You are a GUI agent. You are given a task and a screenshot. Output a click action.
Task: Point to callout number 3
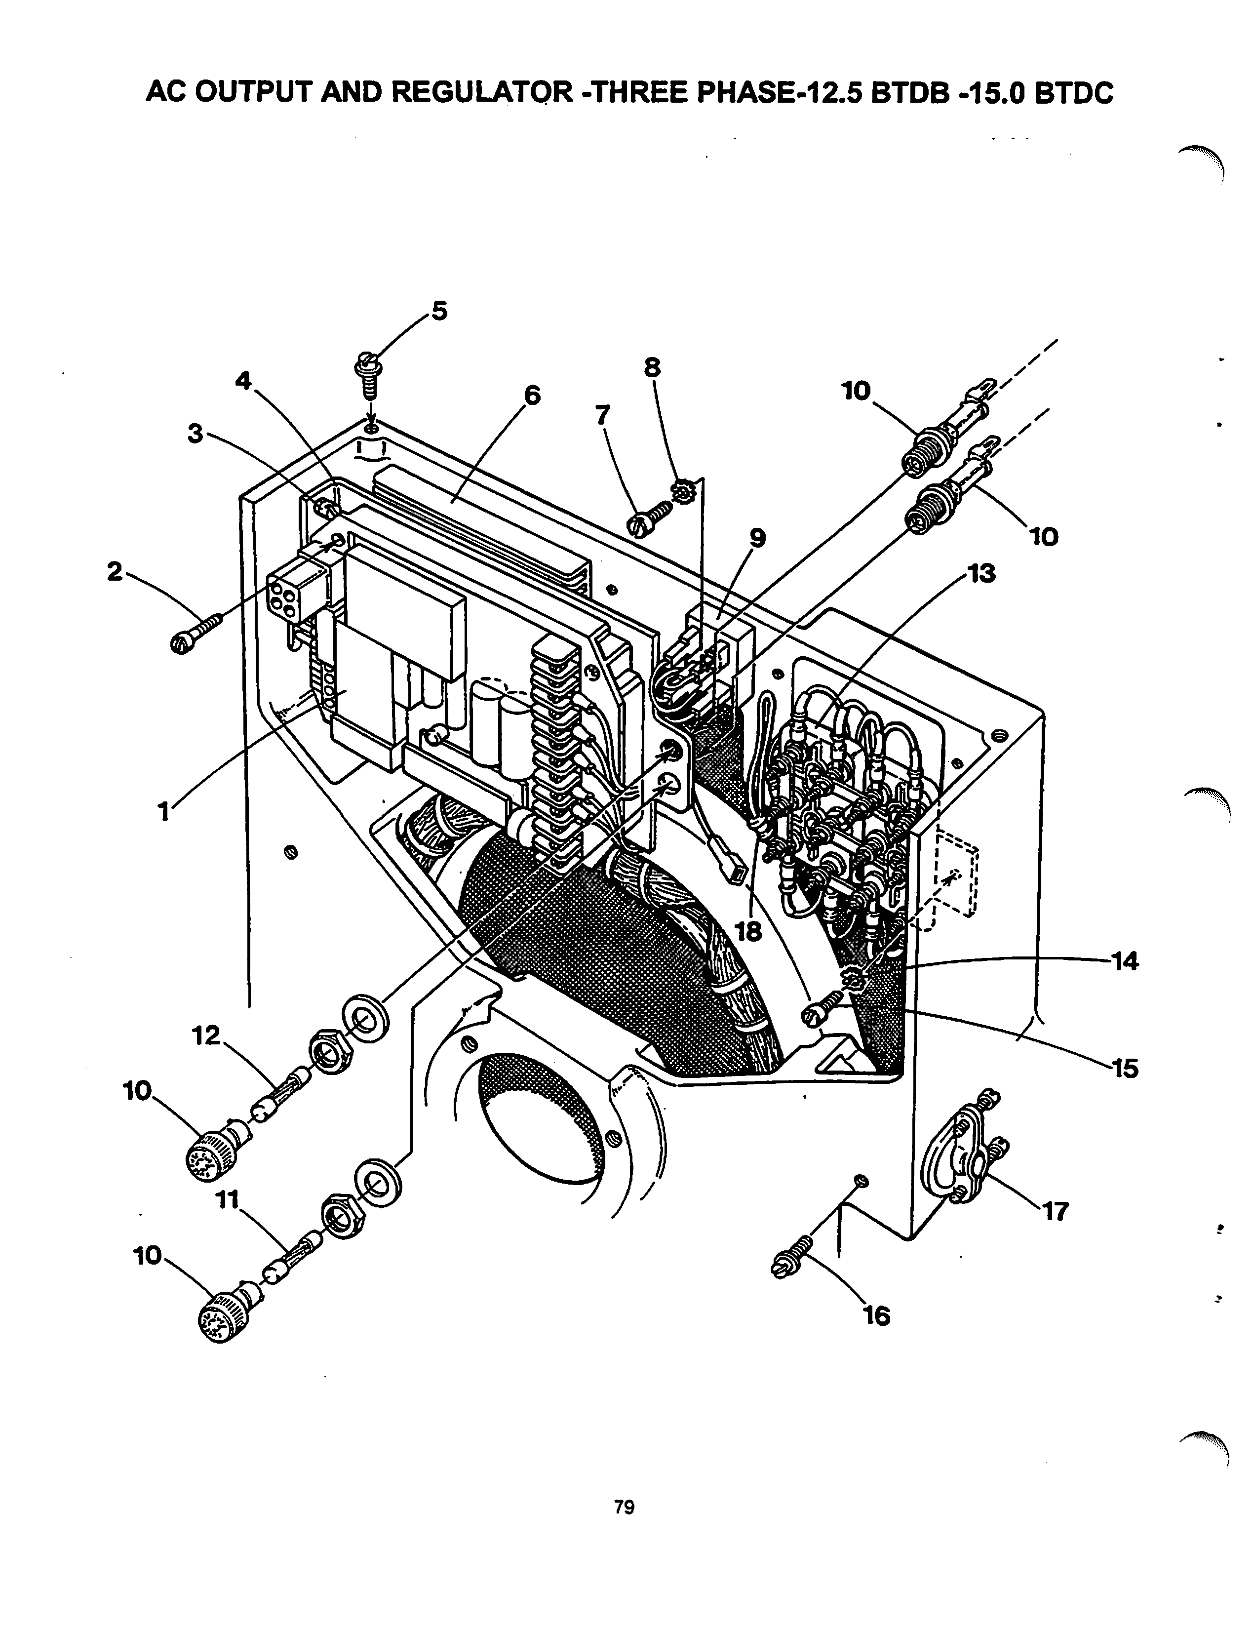click(196, 434)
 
